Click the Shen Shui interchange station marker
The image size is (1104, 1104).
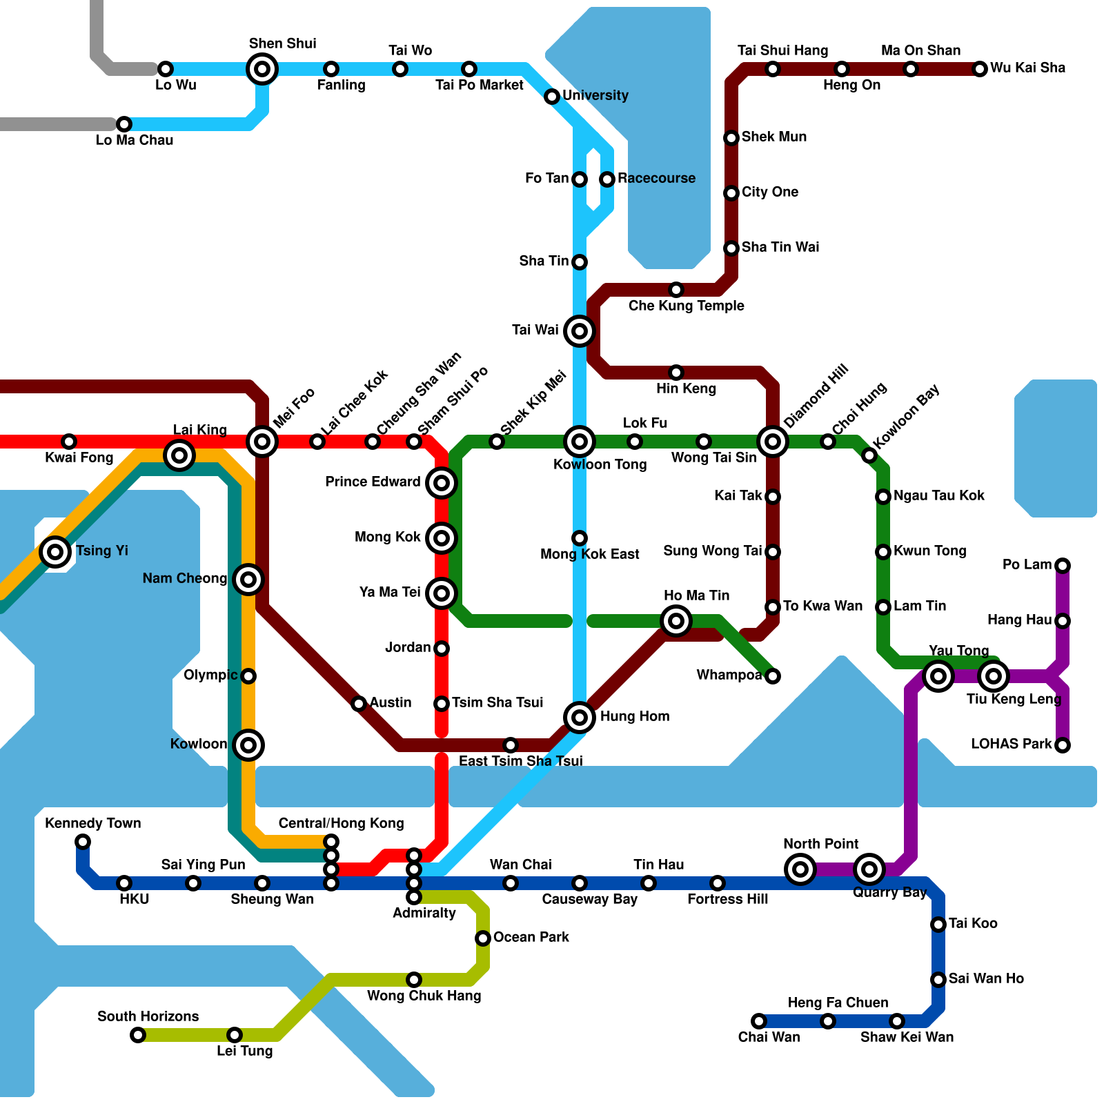(x=262, y=69)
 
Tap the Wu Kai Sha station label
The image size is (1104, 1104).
(x=1027, y=68)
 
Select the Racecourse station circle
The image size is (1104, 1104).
(x=607, y=179)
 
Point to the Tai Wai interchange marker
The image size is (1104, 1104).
(x=580, y=331)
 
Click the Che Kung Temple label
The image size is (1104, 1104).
(x=686, y=306)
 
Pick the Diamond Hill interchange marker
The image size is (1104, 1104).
(x=773, y=442)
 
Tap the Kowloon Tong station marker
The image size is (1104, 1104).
(x=580, y=442)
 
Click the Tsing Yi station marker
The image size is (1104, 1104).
(x=55, y=552)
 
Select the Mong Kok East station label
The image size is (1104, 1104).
(x=589, y=554)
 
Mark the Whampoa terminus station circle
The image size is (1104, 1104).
(x=773, y=676)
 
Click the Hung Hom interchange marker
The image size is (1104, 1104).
(x=580, y=718)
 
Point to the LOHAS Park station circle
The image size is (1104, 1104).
(x=1063, y=745)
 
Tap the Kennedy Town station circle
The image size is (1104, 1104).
(x=83, y=842)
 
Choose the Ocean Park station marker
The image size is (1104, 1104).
(x=483, y=938)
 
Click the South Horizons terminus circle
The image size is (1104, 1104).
(x=138, y=1035)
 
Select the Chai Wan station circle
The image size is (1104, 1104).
(x=759, y=1021)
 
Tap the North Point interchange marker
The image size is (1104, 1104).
(x=800, y=869)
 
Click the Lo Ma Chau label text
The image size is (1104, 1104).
(x=135, y=140)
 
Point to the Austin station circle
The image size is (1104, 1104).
(x=359, y=704)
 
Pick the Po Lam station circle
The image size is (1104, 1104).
(x=1063, y=566)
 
